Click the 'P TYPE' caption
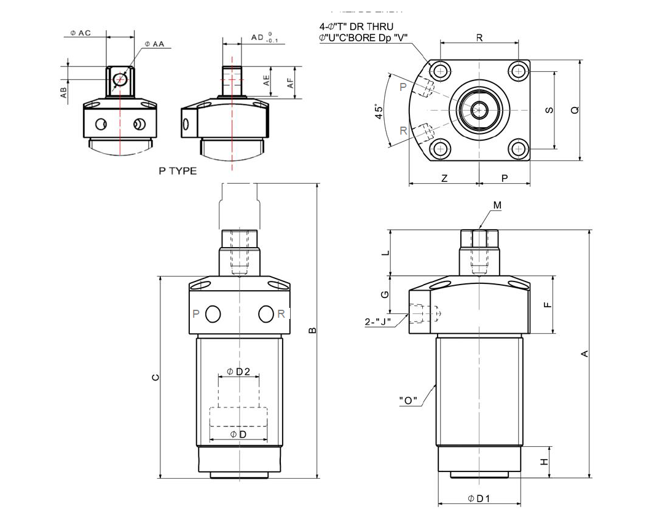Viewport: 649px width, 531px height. click(x=178, y=171)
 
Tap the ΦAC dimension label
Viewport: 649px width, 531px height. click(x=81, y=33)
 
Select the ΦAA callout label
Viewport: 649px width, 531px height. click(x=155, y=44)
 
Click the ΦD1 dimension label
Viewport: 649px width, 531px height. click(x=479, y=498)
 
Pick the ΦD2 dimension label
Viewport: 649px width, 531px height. click(x=238, y=371)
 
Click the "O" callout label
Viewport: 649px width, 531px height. click(x=408, y=401)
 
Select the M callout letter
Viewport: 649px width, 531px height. click(x=497, y=204)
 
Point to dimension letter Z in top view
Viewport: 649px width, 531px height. click(x=444, y=178)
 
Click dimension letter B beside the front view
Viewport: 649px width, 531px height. click(x=312, y=330)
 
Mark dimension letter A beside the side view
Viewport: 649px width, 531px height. click(x=585, y=353)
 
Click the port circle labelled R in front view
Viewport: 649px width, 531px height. click(x=265, y=314)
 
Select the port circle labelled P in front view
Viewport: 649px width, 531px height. click(x=213, y=314)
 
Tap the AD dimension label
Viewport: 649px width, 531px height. click(x=258, y=37)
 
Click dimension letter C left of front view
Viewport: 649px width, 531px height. click(x=155, y=377)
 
